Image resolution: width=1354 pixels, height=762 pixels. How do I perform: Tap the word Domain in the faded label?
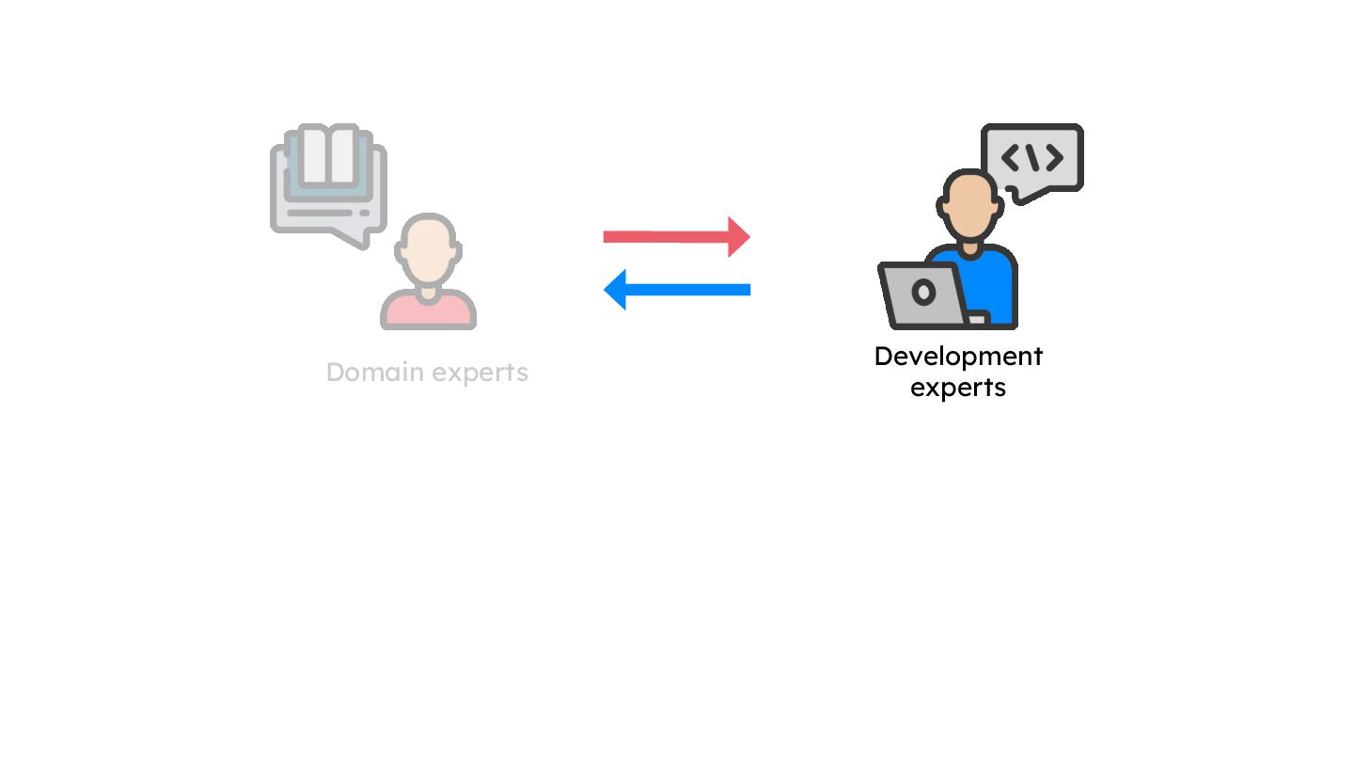[x=373, y=373]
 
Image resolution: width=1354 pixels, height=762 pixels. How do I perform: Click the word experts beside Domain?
[x=478, y=373]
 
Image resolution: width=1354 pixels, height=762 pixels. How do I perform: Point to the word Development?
[x=958, y=357]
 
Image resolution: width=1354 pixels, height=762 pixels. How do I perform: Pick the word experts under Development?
[x=958, y=388]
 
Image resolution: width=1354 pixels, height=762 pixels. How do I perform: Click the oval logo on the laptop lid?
[x=923, y=293]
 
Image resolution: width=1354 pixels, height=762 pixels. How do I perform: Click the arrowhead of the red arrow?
[x=738, y=236]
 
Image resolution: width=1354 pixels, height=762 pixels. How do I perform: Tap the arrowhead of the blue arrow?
[x=616, y=289]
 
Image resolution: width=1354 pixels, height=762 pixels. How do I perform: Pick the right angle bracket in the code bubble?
[x=1054, y=157]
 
